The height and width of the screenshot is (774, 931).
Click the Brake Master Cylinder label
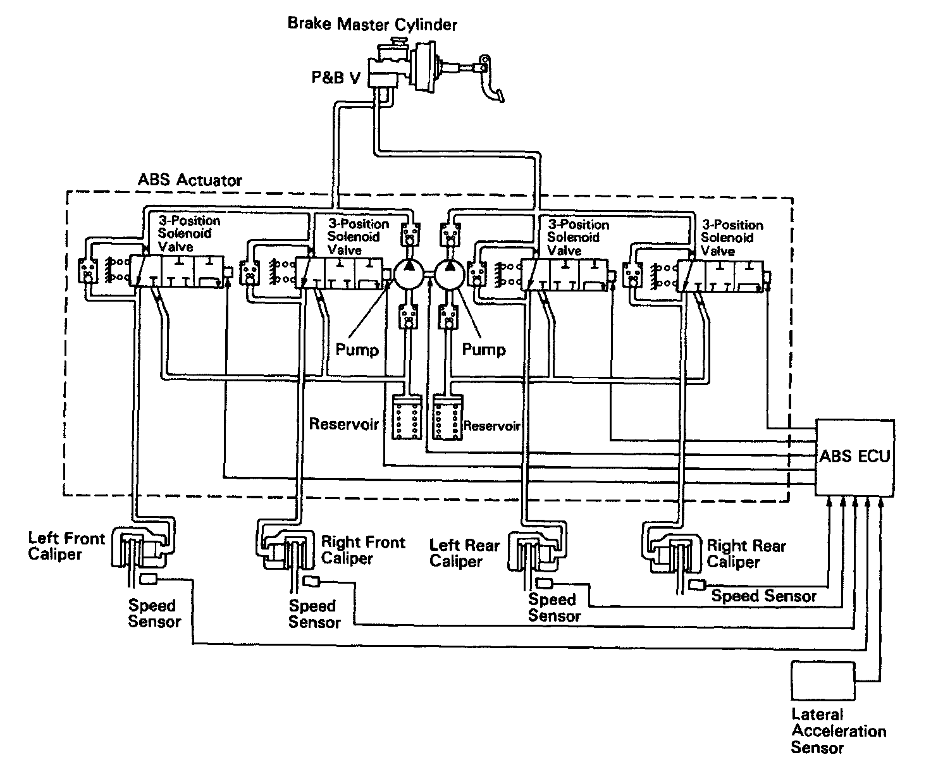coord(372,25)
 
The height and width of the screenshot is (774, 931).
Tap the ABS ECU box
coord(854,457)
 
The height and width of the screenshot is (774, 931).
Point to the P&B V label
coord(336,77)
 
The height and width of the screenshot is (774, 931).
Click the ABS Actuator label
coord(190,180)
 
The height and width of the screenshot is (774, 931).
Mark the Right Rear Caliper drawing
coord(673,550)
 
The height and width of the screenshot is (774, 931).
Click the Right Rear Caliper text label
coord(746,553)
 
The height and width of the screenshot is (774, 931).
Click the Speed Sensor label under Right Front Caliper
coord(314,614)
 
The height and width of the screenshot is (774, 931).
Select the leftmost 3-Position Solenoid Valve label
coord(188,233)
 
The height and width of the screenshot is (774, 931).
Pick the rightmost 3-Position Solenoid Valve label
coord(732,238)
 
